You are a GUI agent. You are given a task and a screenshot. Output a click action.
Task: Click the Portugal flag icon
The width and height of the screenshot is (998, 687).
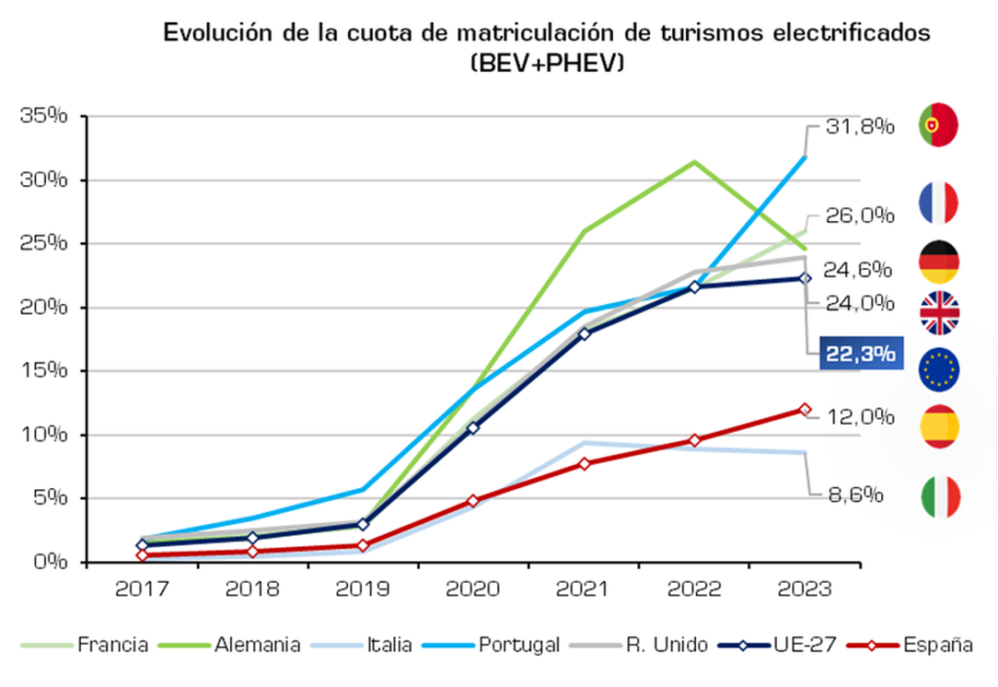[x=939, y=125]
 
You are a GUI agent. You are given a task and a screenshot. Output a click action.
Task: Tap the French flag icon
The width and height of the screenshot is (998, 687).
[x=939, y=203]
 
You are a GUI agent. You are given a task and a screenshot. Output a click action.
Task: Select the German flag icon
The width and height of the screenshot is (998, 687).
[x=939, y=262]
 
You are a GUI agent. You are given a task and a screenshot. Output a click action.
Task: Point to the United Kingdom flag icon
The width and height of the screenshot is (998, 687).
[x=939, y=313]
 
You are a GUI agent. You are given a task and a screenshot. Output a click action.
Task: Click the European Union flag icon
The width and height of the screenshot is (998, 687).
[x=939, y=367]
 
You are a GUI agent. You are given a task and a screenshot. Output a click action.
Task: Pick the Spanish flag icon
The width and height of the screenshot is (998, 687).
[x=939, y=426]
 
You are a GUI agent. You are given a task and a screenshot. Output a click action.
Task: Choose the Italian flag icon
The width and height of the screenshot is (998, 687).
[x=939, y=497]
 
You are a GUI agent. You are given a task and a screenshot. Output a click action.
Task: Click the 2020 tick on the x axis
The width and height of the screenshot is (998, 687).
[x=473, y=590]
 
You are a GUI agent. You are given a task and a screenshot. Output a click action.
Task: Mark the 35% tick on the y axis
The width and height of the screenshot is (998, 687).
[x=43, y=116]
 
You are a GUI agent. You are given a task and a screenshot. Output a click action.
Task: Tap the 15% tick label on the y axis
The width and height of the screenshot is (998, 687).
[x=43, y=370]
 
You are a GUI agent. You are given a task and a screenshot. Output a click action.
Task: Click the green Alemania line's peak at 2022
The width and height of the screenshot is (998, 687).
[x=694, y=162]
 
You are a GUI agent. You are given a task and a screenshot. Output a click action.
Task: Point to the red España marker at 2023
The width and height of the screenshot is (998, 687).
[x=805, y=409]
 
